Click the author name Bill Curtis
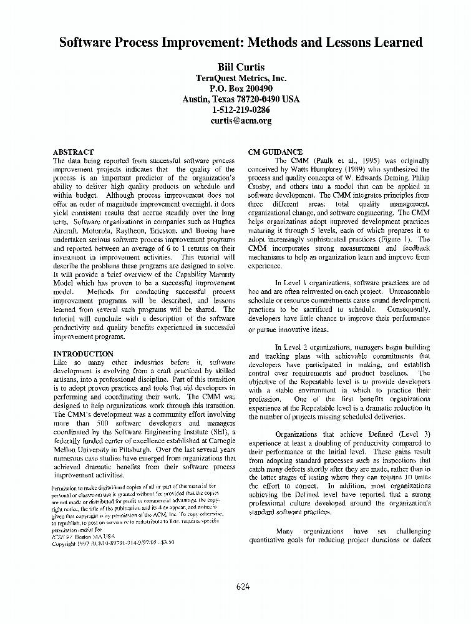241,67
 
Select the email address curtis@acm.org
241,120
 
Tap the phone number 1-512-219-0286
241,110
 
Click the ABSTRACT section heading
74,152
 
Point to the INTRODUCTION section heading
84,354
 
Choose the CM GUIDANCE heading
275,152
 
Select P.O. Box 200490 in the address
241,89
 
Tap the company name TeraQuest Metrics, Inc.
241,78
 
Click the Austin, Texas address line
241,99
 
